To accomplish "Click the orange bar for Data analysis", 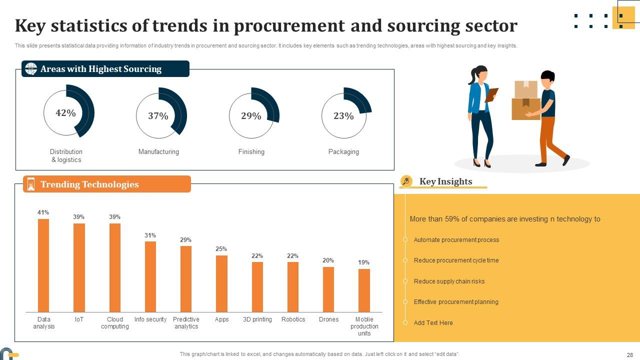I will pos(43,265).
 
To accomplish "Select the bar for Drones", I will pos(328,289).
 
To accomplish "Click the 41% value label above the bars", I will pos(43,212).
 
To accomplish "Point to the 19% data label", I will pos(364,262).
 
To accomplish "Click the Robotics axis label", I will pos(293,319).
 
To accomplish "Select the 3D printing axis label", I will pos(257,319).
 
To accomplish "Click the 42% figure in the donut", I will pos(65,113).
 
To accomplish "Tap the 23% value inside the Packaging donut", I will pos(343,116).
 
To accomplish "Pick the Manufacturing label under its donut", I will pos(158,152).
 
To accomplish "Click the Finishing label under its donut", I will pos(251,152).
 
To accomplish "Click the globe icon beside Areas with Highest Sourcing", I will pos(31,69).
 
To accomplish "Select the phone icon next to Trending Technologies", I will pos(31,184).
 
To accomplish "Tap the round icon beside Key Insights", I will pos(406,181).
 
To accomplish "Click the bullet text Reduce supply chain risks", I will pos(449,281).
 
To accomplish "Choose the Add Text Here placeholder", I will pos(433,323).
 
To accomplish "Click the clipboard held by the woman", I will pos(492,94).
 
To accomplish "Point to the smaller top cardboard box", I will pos(526,89).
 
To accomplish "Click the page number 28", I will pos(629,354).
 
